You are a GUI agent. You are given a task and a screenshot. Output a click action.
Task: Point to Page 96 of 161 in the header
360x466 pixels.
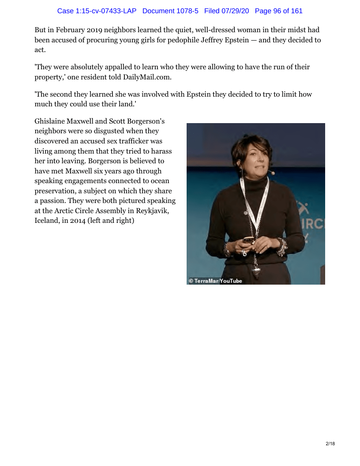(279, 11)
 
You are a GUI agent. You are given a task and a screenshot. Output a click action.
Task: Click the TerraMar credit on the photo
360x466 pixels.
(206, 281)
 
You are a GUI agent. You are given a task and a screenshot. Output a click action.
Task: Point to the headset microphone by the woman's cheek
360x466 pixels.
(273, 173)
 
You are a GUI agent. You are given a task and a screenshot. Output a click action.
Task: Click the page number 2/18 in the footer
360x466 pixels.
(330, 443)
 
